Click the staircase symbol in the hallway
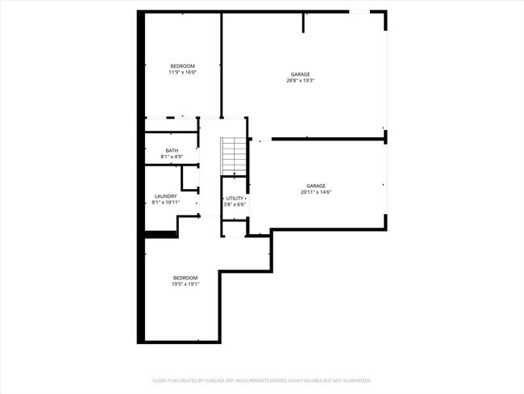tap(233, 154)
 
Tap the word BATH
tap(172, 150)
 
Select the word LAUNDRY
tap(165, 196)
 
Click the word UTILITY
tap(235, 198)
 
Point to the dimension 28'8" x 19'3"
tap(300, 81)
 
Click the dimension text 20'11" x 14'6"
tap(316, 192)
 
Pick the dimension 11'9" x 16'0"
tap(182, 72)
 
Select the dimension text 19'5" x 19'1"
tap(185, 284)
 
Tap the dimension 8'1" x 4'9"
tap(172, 157)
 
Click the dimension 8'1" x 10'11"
tap(165, 203)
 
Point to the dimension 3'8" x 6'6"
tap(235, 204)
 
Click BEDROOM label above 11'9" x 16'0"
tap(182, 65)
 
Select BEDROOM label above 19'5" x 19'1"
tap(185, 278)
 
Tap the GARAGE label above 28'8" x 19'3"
tap(300, 74)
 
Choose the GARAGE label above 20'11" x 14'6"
tap(316, 186)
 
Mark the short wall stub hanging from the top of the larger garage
tap(304, 22)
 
